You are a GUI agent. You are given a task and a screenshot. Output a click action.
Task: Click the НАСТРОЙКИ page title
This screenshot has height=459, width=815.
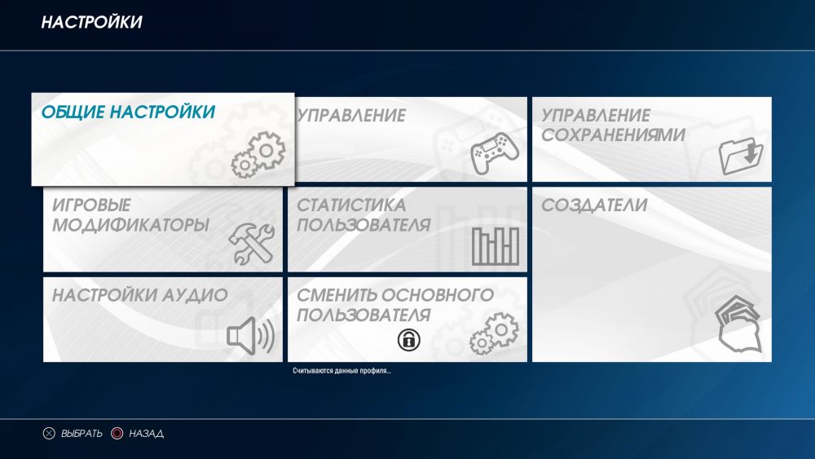[91, 22]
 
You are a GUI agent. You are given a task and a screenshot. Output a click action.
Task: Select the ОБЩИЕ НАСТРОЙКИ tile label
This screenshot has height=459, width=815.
[128, 112]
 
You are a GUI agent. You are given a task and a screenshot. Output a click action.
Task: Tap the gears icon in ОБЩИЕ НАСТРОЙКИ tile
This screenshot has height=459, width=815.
[258, 155]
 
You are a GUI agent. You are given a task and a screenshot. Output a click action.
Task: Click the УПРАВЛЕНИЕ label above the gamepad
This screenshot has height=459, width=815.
[350, 116]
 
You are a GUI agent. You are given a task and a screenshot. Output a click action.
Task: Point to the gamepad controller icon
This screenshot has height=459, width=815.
[495, 152]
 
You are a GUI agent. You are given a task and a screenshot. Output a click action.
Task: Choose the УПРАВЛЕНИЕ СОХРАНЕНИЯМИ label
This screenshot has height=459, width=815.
[614, 125]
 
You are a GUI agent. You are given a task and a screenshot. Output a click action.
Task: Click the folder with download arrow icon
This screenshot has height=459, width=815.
[741, 156]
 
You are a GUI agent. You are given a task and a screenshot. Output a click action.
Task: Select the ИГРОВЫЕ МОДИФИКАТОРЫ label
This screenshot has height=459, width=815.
[130, 214]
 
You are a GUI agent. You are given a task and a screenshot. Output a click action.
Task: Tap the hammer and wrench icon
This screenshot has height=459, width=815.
[252, 243]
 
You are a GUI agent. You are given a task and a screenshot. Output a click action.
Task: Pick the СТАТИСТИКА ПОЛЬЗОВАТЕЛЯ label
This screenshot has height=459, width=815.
[363, 214]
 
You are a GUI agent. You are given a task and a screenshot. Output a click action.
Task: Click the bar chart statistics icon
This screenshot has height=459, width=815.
[496, 246]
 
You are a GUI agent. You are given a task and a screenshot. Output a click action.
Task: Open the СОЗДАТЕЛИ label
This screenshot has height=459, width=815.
[594, 205]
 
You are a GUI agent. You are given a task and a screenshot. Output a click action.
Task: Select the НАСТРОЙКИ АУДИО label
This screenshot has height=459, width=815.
[140, 295]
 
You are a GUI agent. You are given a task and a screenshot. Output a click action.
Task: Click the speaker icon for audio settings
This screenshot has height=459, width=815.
[250, 336]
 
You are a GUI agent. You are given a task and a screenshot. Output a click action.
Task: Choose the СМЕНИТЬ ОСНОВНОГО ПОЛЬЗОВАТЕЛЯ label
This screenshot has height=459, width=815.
[395, 305]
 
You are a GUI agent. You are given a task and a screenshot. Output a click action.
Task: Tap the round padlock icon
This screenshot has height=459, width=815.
[409, 340]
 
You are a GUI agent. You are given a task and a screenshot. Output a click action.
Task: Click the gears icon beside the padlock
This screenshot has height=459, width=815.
[494, 333]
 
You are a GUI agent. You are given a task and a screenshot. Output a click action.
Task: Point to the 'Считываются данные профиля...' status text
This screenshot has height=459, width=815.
[341, 371]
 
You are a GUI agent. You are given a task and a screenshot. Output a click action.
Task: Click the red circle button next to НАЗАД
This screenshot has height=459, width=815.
[117, 434]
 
